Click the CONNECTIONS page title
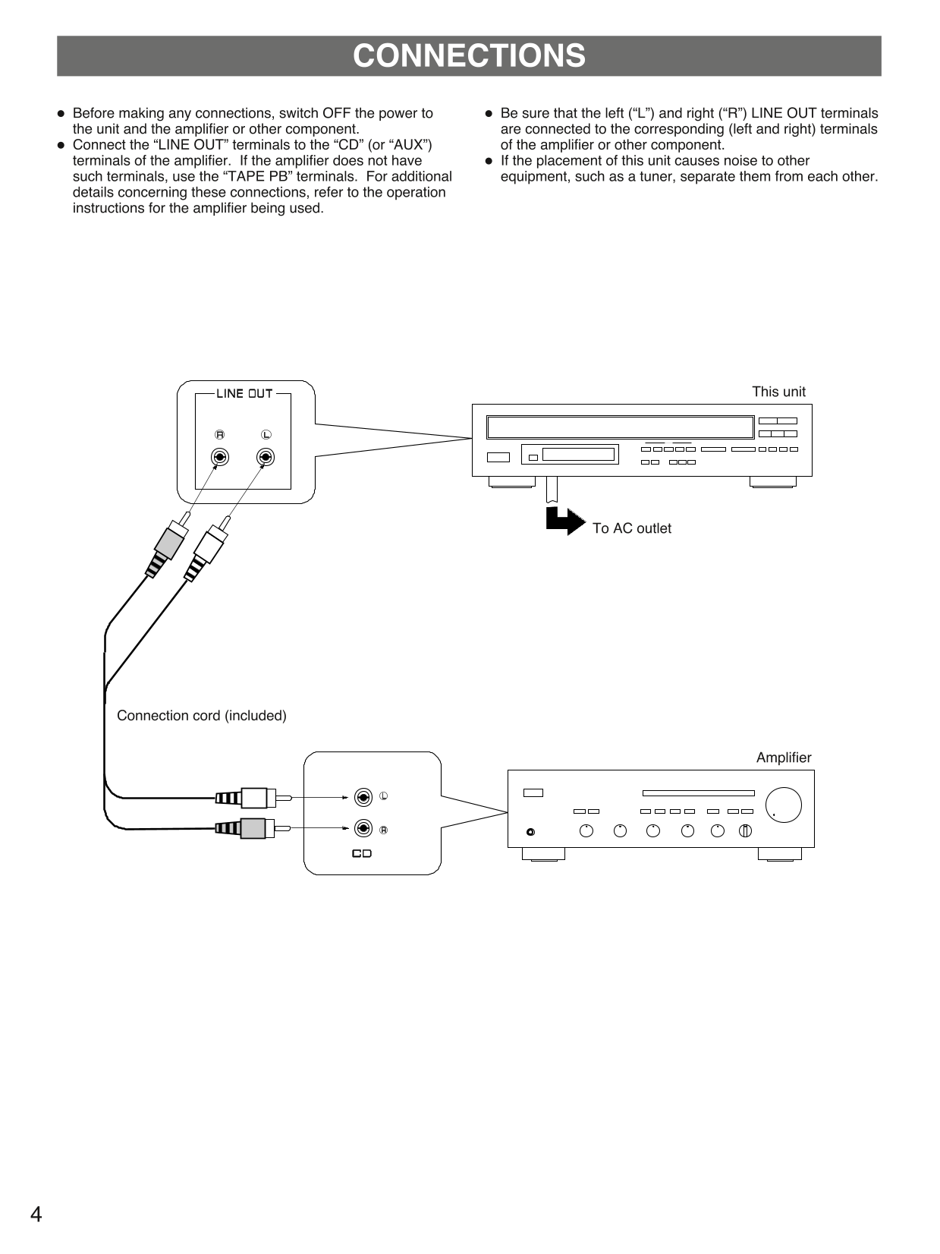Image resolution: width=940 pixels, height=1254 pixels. point(469,56)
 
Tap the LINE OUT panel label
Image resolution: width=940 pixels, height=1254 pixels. point(244,393)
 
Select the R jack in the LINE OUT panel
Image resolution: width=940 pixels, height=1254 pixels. point(220,457)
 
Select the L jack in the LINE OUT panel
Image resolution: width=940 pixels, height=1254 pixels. point(266,457)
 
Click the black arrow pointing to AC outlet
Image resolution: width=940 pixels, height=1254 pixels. point(564,521)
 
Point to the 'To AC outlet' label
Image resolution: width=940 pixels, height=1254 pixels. point(631,528)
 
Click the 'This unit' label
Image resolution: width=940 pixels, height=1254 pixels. point(778,392)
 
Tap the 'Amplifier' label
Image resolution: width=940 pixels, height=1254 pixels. point(783,758)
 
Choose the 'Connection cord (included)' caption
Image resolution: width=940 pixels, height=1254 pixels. point(202,716)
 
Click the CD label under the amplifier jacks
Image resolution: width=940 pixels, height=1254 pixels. point(362,853)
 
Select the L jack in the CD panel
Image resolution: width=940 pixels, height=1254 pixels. point(363,797)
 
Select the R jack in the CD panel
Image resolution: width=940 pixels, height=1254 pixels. point(363,828)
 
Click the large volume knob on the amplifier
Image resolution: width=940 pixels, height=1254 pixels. point(783,805)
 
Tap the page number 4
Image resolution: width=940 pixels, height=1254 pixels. point(36,1215)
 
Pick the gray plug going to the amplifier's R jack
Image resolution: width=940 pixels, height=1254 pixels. point(253,828)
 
